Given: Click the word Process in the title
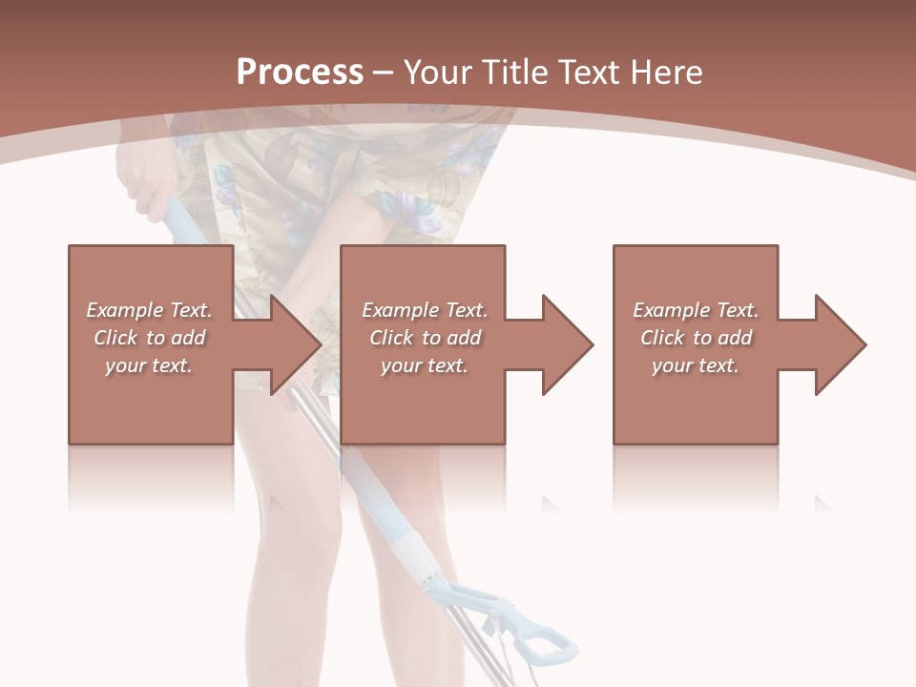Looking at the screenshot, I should click(300, 73).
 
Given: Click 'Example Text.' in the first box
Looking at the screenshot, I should click(149, 310).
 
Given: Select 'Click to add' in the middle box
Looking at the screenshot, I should click(425, 338).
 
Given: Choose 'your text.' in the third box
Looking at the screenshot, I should click(695, 365).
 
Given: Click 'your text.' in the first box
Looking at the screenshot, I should click(149, 365).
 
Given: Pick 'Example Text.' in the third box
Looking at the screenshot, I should click(695, 310).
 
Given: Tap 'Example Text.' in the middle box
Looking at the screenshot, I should click(425, 310).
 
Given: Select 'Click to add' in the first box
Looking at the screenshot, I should click(149, 338).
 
